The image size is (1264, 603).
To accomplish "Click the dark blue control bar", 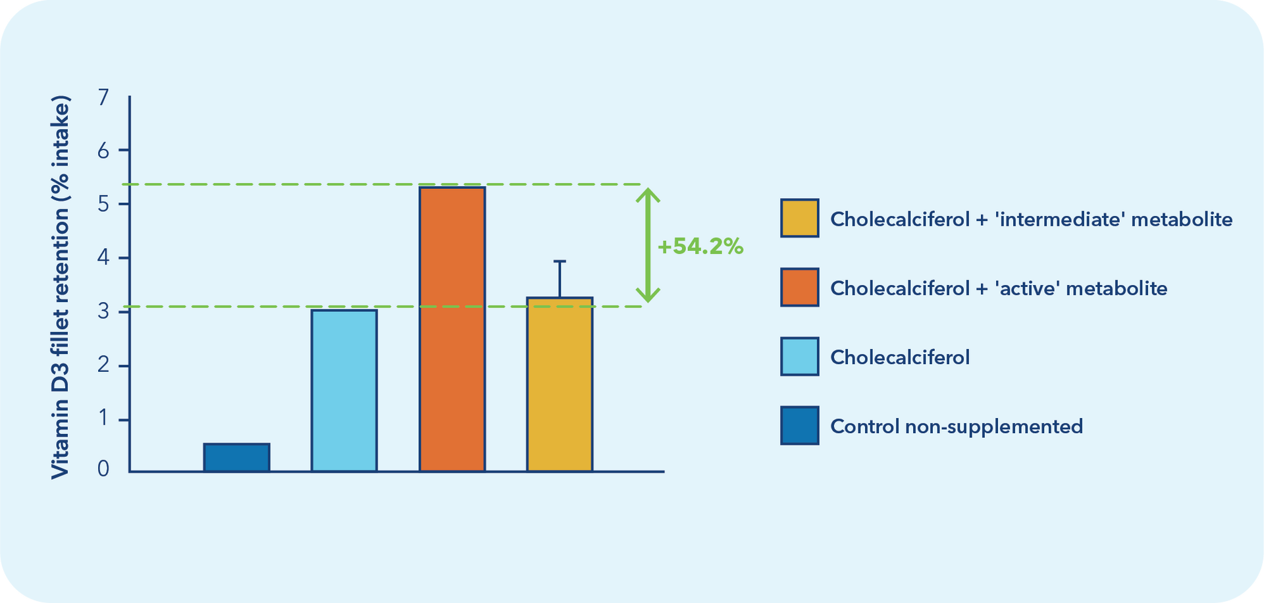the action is (236, 458).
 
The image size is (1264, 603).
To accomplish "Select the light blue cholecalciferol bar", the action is (344, 390).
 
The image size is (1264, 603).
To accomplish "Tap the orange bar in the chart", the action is (452, 329).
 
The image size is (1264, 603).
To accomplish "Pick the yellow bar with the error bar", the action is (560, 384).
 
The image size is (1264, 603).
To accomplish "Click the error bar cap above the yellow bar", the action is (560, 261).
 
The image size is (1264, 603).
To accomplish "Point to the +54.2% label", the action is (700, 246).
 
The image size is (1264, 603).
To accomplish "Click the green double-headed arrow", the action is (648, 245).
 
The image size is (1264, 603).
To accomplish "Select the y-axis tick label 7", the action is (103, 97).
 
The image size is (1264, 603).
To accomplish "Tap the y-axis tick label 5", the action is (103, 204).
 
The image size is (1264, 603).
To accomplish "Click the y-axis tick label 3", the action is (103, 311).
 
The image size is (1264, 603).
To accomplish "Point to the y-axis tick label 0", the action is (103, 469).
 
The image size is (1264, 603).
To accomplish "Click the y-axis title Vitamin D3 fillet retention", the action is (60, 288).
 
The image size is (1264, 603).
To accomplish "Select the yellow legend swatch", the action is (800, 218).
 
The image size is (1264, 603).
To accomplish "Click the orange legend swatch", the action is (800, 287).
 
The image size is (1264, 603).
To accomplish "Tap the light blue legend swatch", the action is (800, 356).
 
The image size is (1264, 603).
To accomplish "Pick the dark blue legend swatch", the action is (800, 425).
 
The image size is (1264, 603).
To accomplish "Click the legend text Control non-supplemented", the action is (957, 427).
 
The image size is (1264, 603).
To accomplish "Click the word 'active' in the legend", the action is (1027, 288).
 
